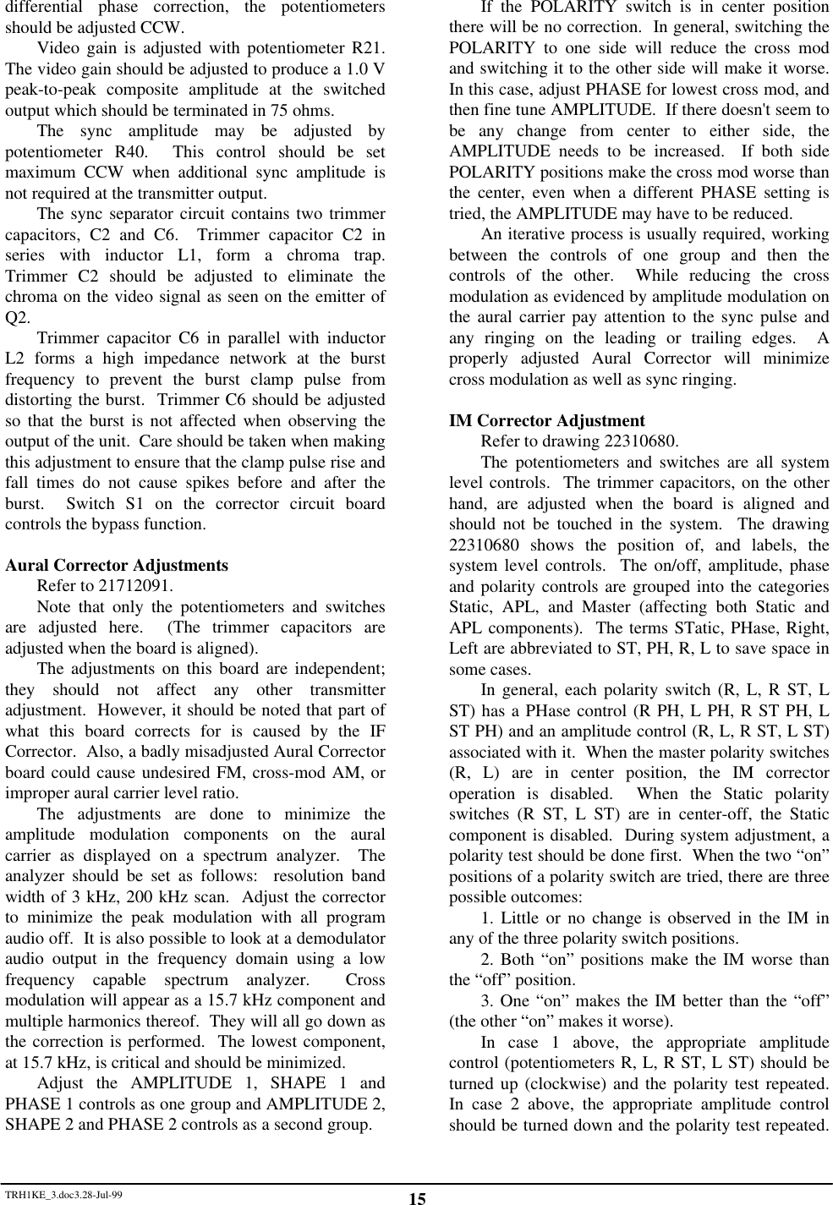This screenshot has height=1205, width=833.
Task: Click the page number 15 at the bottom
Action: click(416, 1198)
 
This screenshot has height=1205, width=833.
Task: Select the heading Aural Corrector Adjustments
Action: click(117, 565)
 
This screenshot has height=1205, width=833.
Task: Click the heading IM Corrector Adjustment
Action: click(546, 420)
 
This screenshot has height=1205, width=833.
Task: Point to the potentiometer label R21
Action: click(368, 47)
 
